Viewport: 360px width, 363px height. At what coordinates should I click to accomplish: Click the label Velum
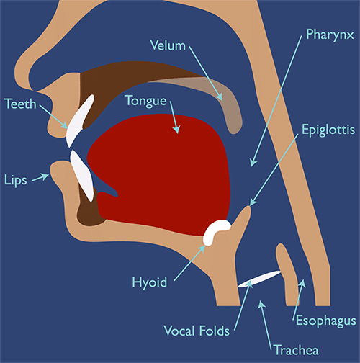coord(168,45)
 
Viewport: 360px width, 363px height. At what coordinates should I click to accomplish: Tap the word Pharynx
coord(330,35)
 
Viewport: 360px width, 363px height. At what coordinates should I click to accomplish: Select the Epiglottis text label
coord(328,130)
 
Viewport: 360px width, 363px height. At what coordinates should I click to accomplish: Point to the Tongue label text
coord(146,101)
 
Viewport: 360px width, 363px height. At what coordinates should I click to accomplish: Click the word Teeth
coord(20,104)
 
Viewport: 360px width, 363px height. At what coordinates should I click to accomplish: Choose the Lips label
coord(16,180)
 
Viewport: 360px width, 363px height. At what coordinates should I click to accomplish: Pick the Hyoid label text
coord(150,282)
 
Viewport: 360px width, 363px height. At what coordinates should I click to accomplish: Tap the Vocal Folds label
coord(197,331)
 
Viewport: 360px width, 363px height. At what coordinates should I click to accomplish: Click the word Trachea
coord(297,350)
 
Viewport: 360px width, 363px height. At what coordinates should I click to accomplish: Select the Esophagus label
coord(326,321)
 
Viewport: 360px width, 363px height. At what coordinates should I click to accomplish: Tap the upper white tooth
coord(80,120)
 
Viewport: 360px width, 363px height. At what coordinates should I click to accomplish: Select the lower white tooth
coord(81,175)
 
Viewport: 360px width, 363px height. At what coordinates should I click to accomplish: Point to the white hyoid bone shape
coord(215,232)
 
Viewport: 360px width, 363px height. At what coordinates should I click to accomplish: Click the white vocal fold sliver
coord(259,279)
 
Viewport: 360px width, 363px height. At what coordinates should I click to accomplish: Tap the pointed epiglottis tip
coord(249,207)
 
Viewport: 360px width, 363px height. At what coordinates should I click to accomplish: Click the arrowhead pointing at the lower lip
coord(46,176)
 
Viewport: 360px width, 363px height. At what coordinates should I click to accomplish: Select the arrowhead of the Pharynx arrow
coord(253,163)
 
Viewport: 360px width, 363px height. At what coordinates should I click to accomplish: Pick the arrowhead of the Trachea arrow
coord(261,304)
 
